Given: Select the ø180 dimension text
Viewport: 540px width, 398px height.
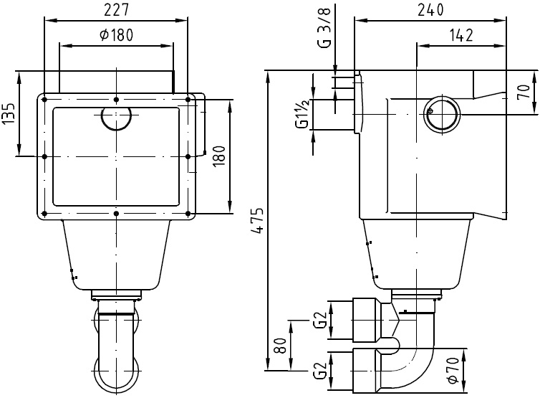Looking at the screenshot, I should pos(116,34).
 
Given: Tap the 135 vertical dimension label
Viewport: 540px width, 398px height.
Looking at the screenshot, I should pos(9,113).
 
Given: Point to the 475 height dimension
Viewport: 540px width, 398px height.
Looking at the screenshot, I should pos(256,222).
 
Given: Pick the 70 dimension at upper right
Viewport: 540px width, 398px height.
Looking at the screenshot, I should pos(524,92).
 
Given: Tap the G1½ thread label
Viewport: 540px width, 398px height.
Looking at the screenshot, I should pos(303,113).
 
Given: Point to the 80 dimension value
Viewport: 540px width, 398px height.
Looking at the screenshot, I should pos(281,347).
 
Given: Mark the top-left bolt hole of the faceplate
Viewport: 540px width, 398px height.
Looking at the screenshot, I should pos(44,99).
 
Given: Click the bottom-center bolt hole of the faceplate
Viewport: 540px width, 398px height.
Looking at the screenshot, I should pos(116,213).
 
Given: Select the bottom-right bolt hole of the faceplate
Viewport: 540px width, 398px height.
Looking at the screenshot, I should pos(188,213).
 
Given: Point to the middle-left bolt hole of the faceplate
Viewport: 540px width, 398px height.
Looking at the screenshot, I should pos(44,156).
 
